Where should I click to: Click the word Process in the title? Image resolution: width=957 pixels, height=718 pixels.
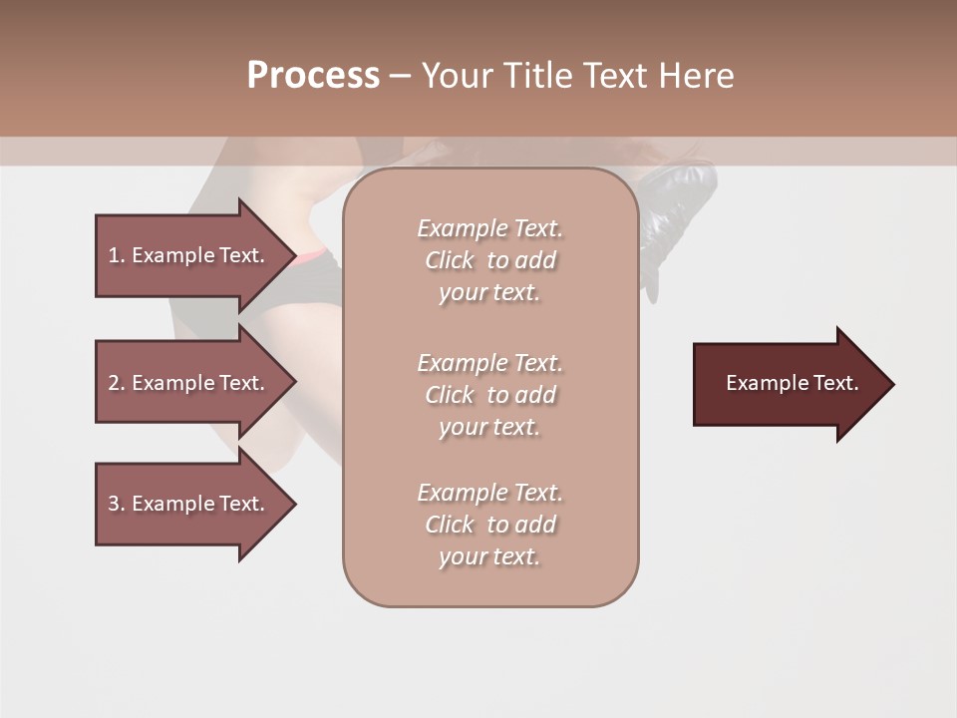point(313,76)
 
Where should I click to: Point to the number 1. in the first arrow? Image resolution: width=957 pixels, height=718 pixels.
point(117,255)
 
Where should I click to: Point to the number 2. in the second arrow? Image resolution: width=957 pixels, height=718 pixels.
point(117,383)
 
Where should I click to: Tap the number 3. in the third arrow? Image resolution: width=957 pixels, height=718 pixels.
point(117,504)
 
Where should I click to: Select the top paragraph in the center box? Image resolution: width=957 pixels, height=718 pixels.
point(489,260)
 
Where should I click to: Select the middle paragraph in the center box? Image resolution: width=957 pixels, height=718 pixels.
point(489,395)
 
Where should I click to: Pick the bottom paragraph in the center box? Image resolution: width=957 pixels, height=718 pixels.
point(489,525)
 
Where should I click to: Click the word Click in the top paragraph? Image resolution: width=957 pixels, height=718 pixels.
point(450,260)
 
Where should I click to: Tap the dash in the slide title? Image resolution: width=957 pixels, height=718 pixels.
point(400,76)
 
